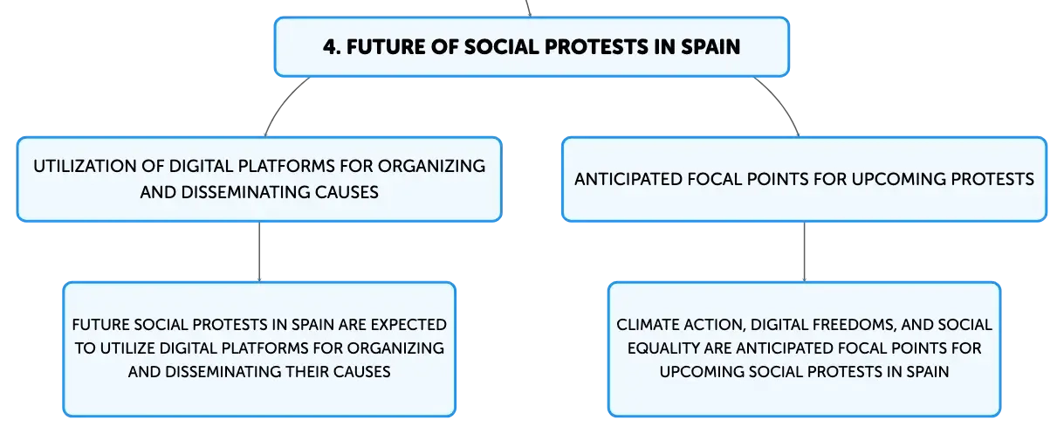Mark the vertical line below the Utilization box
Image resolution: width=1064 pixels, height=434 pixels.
259,251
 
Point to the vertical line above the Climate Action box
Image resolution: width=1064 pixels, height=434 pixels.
804,251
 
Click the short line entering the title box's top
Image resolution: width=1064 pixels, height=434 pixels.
528,8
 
